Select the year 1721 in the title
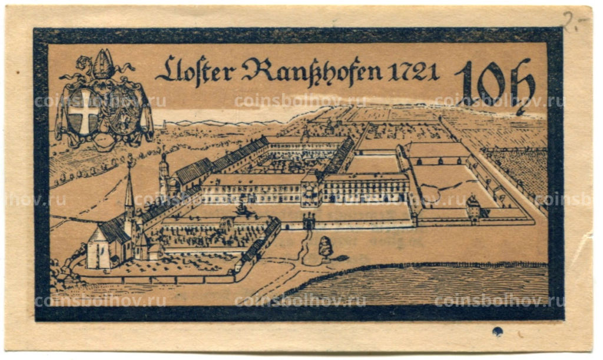(x=414, y=72)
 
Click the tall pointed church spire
(x=129, y=189)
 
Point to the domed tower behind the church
(x=164, y=174)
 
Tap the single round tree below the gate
(x=325, y=246)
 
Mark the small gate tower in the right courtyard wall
(x=473, y=208)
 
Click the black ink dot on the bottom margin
(x=498, y=331)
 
